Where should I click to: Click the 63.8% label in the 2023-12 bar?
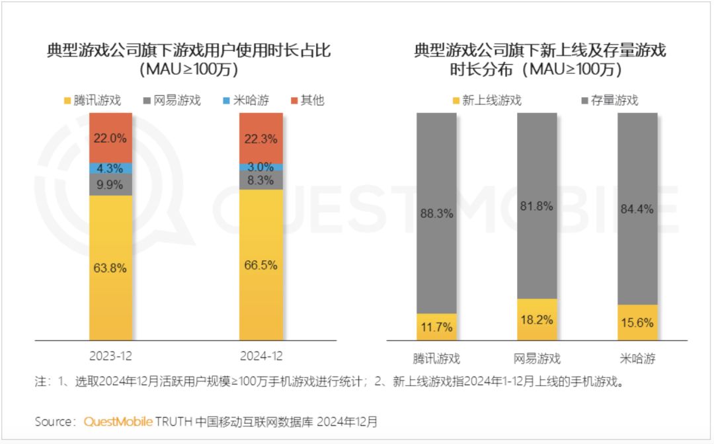(x=110, y=268)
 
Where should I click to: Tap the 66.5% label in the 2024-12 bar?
(x=260, y=265)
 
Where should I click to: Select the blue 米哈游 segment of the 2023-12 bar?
(x=110, y=168)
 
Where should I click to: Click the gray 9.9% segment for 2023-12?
(x=110, y=184)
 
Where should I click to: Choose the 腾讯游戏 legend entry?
(x=93, y=100)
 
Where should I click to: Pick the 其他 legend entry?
(x=307, y=100)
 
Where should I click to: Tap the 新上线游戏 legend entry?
(x=485, y=100)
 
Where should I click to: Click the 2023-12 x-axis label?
(x=110, y=356)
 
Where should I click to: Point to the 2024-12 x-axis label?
(x=260, y=356)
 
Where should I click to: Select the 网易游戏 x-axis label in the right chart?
(x=537, y=359)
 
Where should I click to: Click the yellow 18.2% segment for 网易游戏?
(x=537, y=320)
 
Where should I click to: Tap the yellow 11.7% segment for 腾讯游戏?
(x=436, y=327)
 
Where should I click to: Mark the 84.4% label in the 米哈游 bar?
(x=637, y=209)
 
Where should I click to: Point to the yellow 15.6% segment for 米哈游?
(x=637, y=322)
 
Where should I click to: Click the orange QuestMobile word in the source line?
(x=118, y=422)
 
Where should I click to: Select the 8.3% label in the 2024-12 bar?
(x=260, y=180)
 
